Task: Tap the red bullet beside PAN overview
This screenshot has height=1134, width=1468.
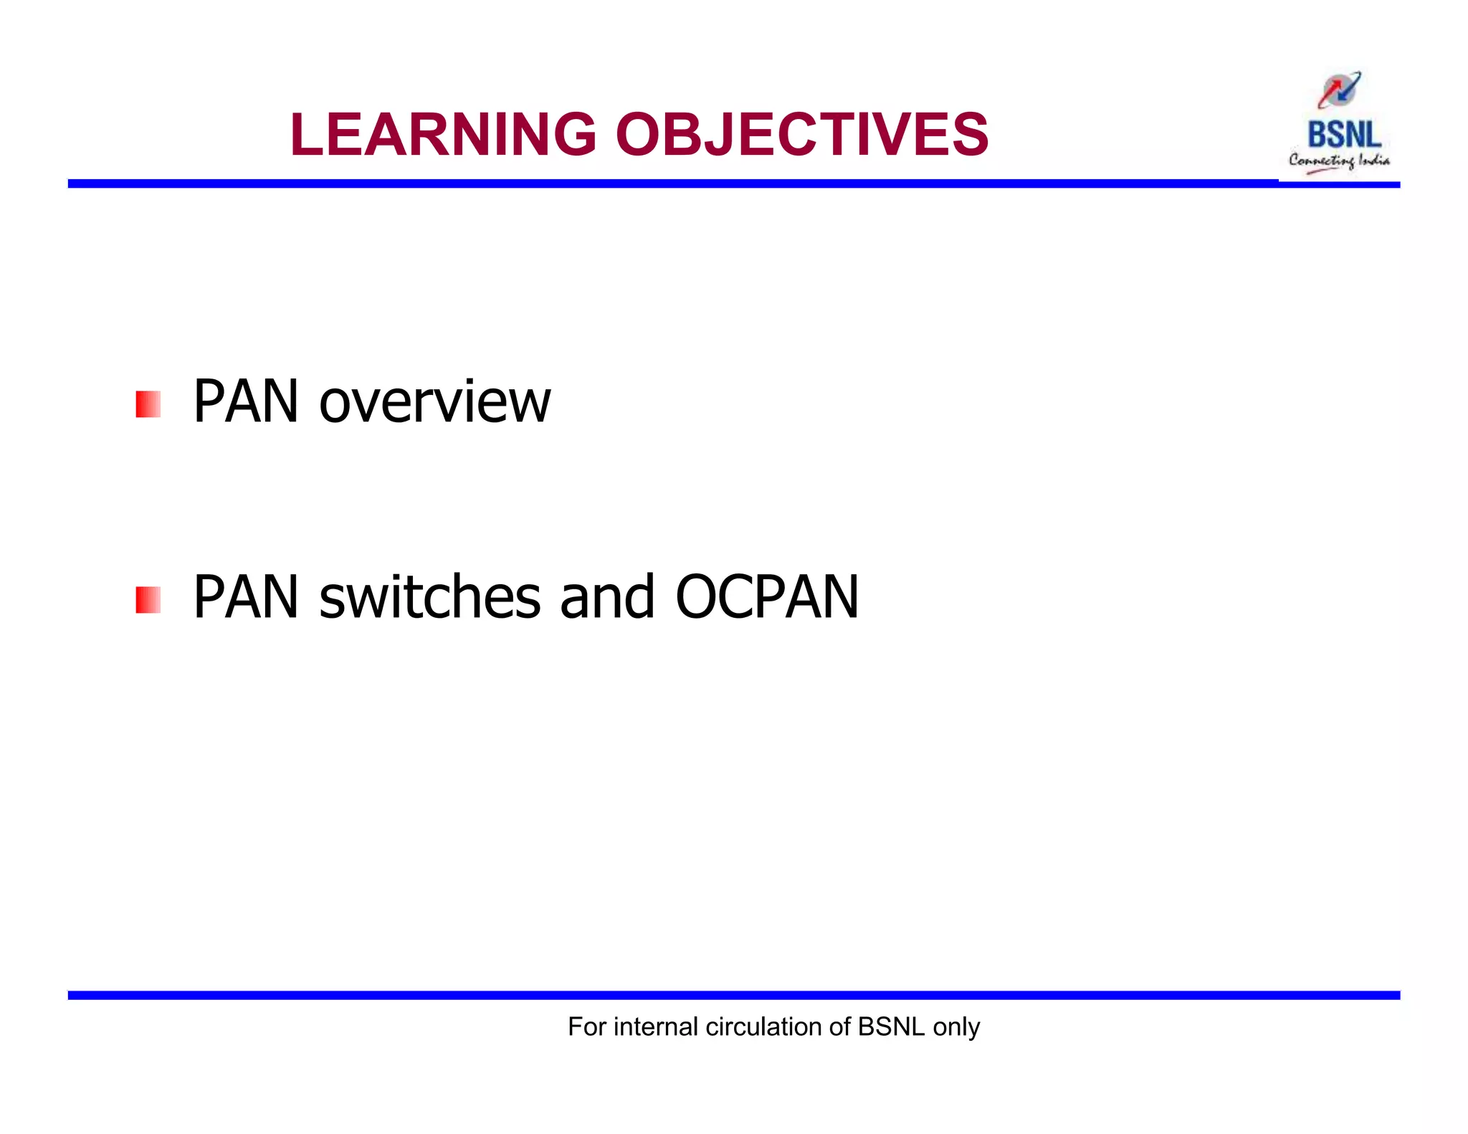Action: [148, 404]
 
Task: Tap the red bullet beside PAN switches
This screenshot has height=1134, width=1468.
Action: [148, 600]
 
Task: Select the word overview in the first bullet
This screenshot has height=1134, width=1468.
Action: [435, 403]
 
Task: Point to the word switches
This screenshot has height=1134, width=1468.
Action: [429, 597]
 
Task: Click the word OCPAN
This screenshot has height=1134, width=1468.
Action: [766, 597]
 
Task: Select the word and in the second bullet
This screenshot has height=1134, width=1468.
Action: [606, 597]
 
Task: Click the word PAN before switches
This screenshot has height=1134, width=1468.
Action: [245, 597]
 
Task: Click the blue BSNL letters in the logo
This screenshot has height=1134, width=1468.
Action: [1343, 135]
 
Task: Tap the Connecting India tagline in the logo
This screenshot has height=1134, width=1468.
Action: [1338, 161]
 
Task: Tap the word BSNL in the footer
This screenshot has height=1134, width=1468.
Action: [891, 1026]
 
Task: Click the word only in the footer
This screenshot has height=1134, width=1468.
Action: [956, 1028]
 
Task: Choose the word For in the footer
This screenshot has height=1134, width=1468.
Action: [586, 1026]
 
